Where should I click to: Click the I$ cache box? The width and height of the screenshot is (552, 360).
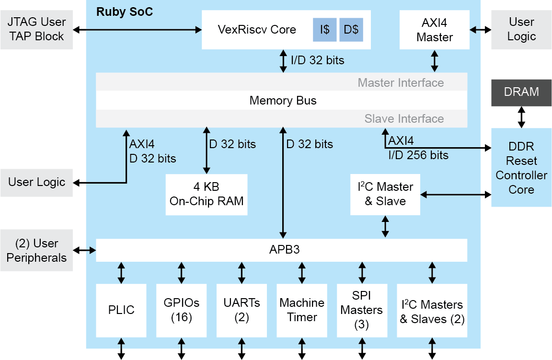point(324,30)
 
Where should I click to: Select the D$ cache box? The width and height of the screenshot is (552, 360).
point(351,30)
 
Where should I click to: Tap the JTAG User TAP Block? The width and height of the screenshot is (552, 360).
point(36,30)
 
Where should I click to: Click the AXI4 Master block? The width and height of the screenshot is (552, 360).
point(435,30)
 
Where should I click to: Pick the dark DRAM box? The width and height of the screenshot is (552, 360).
point(521,92)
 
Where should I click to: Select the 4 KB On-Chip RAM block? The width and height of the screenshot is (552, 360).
point(207,194)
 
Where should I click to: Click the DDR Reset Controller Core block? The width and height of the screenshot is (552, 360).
point(521,168)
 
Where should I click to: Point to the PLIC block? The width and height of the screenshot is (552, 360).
point(121,310)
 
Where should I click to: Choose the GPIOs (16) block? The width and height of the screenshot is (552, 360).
point(181,310)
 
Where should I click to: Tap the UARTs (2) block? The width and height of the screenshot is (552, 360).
point(241,310)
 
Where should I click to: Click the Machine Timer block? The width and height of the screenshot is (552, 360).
point(302,310)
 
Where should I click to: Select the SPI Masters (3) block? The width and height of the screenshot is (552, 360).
point(361,310)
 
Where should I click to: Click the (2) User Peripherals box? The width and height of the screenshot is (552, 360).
point(36,250)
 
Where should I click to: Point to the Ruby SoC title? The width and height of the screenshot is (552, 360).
point(125,12)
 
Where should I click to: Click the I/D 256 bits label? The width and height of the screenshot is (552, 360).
point(418,155)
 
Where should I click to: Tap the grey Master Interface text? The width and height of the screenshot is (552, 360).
point(401,82)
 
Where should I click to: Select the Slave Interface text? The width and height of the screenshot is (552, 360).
point(404,118)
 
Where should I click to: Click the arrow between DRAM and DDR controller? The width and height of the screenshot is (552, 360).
point(521,117)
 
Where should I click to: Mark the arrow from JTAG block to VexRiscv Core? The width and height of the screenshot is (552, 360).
point(138,30)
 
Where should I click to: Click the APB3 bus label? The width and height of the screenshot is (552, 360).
point(281,250)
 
